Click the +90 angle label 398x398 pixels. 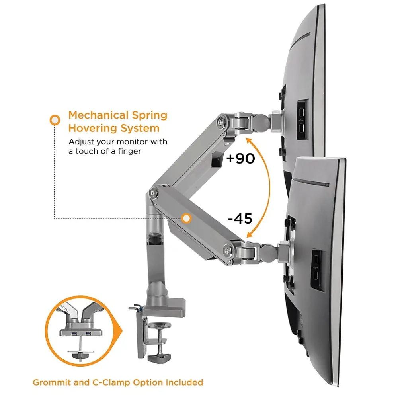tap(240, 158)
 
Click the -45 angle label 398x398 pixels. tap(240, 219)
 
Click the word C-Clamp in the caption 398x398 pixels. tap(108, 382)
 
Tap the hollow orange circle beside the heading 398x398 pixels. tap(55, 119)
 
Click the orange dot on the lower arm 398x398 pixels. tap(186, 218)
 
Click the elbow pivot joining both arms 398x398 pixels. tap(154, 193)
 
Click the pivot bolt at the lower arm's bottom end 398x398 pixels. tap(228, 250)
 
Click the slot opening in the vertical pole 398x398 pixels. tap(154, 239)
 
